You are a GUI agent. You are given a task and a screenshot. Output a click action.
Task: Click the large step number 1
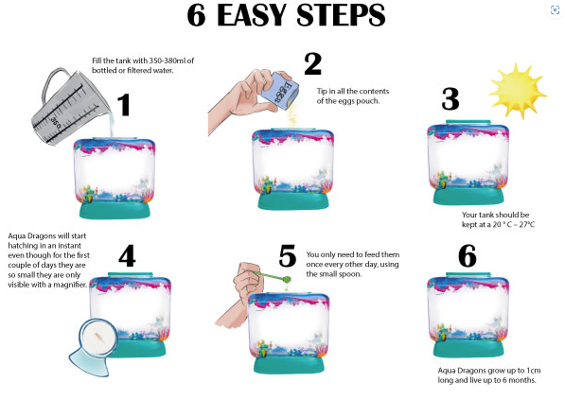[x=124, y=105]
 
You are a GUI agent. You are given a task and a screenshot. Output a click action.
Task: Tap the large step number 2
[x=312, y=63]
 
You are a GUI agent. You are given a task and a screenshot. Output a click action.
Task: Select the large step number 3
[x=450, y=98]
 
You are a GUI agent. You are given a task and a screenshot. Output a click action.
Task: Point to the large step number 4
[x=127, y=256]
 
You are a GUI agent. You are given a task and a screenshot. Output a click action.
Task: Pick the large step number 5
[x=287, y=256]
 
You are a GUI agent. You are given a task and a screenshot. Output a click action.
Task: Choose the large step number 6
[x=468, y=256]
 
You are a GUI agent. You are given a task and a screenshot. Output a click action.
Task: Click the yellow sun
[x=518, y=91]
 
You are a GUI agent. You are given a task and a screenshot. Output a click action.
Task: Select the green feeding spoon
[x=274, y=277]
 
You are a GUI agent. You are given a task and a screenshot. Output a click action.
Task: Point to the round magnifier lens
[x=98, y=339]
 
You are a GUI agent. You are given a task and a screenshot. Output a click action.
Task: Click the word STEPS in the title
[x=341, y=15]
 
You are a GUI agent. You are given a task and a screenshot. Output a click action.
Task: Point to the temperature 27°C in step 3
[x=527, y=224]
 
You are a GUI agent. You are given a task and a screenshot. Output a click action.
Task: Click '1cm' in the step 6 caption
[x=534, y=371]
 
